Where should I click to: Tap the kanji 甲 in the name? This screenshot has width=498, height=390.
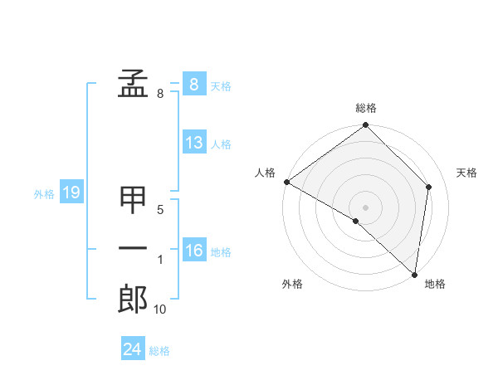pos(134,200)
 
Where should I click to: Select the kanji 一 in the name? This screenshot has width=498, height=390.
pos(134,248)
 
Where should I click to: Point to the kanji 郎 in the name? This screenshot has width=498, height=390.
pos(134,299)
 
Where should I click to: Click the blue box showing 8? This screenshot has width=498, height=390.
pos(193,84)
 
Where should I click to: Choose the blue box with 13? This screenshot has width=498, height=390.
pos(193,143)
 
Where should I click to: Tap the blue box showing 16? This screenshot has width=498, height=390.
pos(193,251)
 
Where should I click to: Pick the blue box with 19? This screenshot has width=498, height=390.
pos(71,193)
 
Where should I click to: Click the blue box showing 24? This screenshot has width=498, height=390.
pos(132,349)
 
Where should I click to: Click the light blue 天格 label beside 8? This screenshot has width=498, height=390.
pos(221,86)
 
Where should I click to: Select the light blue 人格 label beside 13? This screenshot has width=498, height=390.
pos(221,144)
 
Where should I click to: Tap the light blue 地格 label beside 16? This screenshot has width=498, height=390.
pos(221,252)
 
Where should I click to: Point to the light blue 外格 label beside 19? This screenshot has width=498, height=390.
pos(44,195)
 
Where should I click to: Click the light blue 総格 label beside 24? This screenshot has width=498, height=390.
pos(159,351)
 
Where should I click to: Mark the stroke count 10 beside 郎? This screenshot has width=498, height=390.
pos(160,310)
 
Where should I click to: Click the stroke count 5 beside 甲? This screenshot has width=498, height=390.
pos(160,210)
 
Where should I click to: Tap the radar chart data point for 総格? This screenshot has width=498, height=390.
pos(365,126)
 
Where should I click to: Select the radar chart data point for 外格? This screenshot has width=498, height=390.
pos(356,221)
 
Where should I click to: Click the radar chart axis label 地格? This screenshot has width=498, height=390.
pos(435,285)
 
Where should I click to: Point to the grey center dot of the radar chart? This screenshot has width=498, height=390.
pos(365,207)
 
